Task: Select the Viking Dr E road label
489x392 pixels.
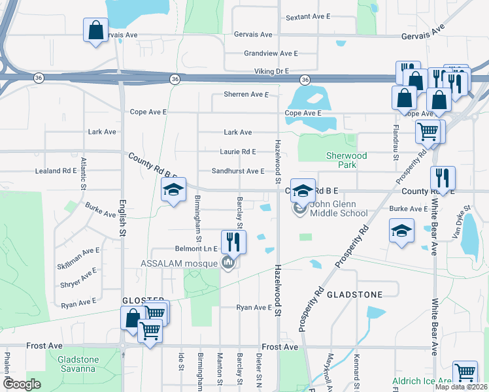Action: click(x=271, y=71)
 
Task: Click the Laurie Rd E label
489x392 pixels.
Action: click(x=239, y=152)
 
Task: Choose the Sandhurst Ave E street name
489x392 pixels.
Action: click(x=237, y=171)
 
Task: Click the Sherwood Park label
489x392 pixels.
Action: click(x=347, y=161)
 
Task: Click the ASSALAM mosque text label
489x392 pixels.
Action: click(x=180, y=264)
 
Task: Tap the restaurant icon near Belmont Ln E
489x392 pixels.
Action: click(x=233, y=242)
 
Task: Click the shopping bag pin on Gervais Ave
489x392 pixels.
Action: click(x=95, y=30)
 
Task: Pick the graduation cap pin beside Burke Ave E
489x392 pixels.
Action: click(x=401, y=231)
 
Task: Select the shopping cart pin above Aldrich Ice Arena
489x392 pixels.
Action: click(x=465, y=373)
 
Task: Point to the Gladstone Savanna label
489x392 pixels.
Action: click(x=78, y=365)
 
